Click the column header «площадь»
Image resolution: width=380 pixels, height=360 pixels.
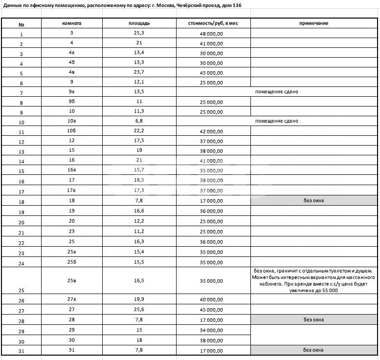click(x=139, y=23)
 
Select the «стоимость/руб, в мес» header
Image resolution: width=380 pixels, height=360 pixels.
click(x=213, y=23)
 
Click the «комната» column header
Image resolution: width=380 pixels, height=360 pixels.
click(x=71, y=23)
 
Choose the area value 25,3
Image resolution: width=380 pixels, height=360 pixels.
click(x=139, y=33)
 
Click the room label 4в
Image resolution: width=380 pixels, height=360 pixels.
click(x=71, y=72)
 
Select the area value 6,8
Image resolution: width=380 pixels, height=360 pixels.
click(x=139, y=121)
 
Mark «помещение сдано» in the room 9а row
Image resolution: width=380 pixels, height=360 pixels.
click(x=276, y=91)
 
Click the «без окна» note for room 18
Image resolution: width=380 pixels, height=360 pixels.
click(x=313, y=200)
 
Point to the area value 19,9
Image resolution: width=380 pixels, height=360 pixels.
click(x=139, y=299)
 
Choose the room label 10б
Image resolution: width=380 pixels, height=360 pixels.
click(x=71, y=131)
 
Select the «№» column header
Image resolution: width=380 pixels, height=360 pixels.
click(x=21, y=24)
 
